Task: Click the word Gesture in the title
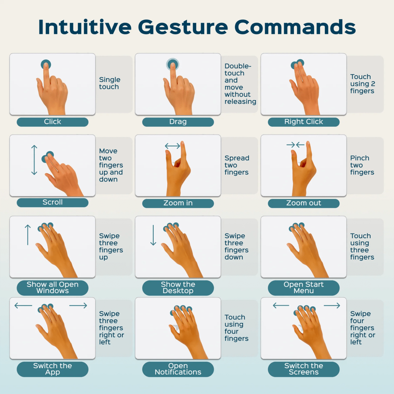pos(183,27)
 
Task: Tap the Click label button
pos(52,122)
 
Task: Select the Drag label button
pos(178,122)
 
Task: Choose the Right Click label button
pos(303,122)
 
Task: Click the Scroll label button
pos(52,203)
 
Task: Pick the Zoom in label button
pos(178,203)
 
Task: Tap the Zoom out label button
pos(303,203)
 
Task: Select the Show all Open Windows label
pos(52,288)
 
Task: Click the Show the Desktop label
pos(178,288)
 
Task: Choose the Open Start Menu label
pos(303,288)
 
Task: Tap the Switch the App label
pos(52,369)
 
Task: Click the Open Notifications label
pos(178,369)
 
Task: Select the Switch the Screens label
pos(303,369)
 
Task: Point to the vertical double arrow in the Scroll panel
pos(34,160)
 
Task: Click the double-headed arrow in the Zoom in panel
pos(172,146)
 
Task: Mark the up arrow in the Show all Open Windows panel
pos(28,235)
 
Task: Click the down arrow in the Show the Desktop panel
pos(153,235)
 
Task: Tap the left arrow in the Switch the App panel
pos(23,305)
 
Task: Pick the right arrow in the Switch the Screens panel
pos(332,305)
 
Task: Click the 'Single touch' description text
pos(110,83)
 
